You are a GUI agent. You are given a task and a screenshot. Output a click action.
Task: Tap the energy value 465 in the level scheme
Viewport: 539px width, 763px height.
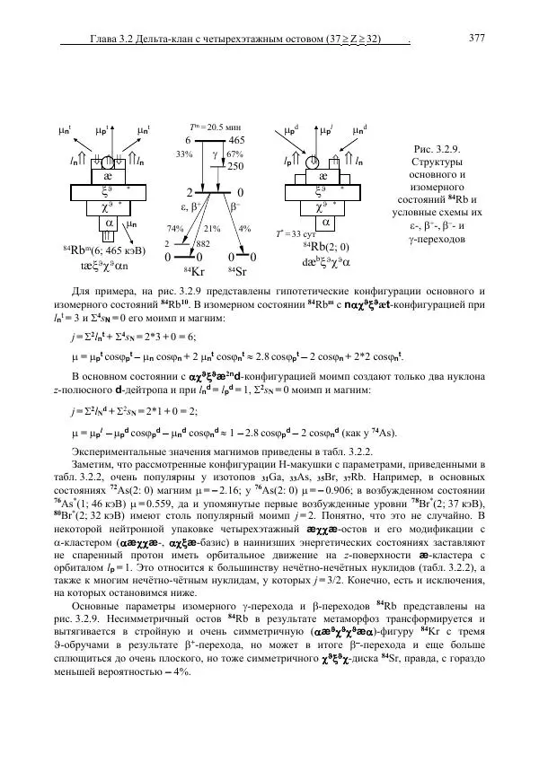pyautogui.click(x=237, y=141)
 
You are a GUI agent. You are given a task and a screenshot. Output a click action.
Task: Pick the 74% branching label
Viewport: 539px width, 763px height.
pyautogui.click(x=176, y=228)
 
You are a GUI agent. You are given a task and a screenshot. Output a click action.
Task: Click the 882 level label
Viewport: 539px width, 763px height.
pyautogui.click(x=203, y=243)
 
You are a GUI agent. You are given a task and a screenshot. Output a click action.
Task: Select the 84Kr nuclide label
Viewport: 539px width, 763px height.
pyautogui.click(x=193, y=271)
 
